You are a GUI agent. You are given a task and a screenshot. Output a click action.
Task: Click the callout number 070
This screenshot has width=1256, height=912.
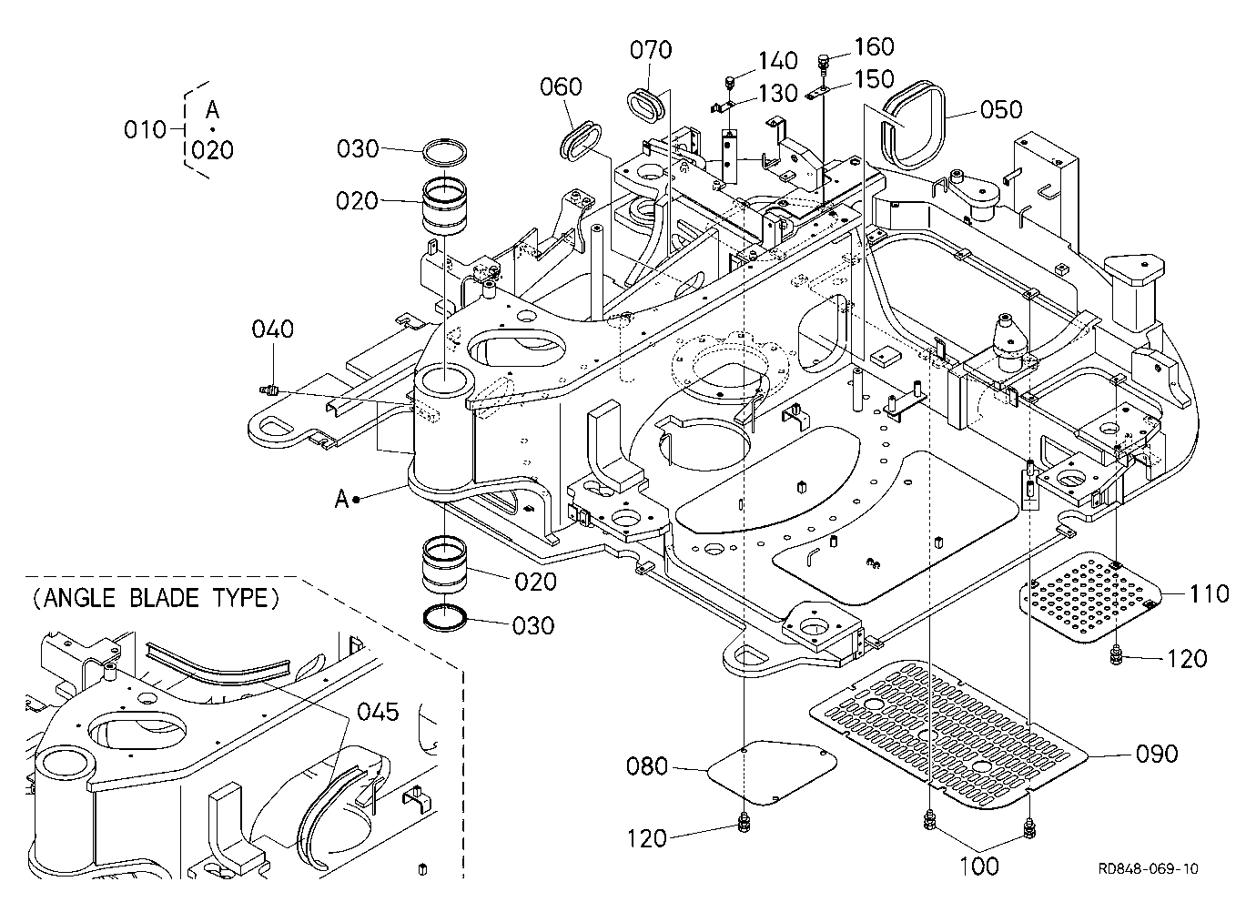pyautogui.click(x=651, y=50)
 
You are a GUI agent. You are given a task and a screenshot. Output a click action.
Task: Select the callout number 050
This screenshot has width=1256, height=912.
pyautogui.click(x=1001, y=110)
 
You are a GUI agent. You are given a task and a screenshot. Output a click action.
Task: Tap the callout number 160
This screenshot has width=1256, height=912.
pyautogui.click(x=874, y=47)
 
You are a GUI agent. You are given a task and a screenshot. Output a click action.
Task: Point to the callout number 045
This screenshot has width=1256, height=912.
pyautogui.click(x=378, y=713)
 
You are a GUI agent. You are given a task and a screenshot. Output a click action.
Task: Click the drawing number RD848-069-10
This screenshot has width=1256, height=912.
pyautogui.click(x=1148, y=869)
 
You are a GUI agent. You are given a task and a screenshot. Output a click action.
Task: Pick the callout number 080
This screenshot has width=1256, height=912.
pyautogui.click(x=647, y=766)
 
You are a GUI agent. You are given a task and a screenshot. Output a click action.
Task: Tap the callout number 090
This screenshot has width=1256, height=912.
pyautogui.click(x=1157, y=754)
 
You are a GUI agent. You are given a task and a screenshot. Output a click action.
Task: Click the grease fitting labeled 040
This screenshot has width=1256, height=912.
pyautogui.click(x=268, y=390)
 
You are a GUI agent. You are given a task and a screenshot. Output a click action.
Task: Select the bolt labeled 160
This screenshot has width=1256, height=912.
pyautogui.click(x=823, y=63)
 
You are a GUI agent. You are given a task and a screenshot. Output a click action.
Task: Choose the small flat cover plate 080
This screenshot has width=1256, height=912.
pyautogui.click(x=773, y=773)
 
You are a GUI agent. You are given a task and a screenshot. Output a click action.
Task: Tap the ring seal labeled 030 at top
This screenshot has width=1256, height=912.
pyautogui.click(x=444, y=151)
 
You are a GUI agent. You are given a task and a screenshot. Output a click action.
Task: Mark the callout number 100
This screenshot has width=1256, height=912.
pyautogui.click(x=979, y=866)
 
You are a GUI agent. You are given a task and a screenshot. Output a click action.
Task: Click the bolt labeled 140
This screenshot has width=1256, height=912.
pyautogui.click(x=730, y=84)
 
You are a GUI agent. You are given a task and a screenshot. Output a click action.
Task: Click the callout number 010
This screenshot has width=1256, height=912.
pyautogui.click(x=145, y=130)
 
